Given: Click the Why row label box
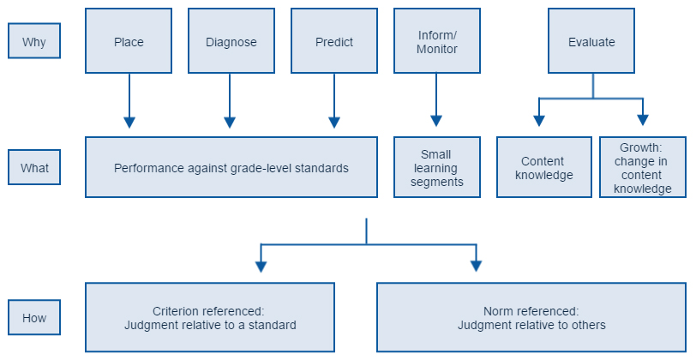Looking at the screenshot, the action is tap(34, 41).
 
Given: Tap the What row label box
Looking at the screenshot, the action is tap(34, 167).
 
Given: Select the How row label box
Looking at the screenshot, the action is tap(34, 317).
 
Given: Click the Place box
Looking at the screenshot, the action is tap(129, 41).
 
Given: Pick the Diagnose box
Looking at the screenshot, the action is tap(231, 41).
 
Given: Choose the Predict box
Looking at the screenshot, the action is tap(334, 41).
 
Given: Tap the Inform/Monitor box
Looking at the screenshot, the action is tap(437, 41).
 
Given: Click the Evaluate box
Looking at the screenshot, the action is tap(591, 41).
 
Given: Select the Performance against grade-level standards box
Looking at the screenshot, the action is tap(231, 167).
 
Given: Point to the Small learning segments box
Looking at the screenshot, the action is tap(437, 167).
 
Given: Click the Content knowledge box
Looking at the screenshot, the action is tap(544, 167).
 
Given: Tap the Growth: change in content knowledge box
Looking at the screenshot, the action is tap(643, 167).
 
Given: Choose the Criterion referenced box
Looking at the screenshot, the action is tap(210, 317).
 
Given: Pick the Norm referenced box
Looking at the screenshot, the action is tap(531, 317).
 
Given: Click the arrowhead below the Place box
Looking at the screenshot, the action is tap(129, 123).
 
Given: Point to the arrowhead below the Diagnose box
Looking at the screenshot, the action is tap(230, 123).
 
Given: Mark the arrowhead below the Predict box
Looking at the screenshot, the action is tap(334, 123).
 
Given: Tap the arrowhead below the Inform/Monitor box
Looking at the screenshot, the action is tap(436, 121).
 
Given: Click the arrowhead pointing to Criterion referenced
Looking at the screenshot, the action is tap(261, 267).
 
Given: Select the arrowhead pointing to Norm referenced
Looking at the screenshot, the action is tap(477, 266).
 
